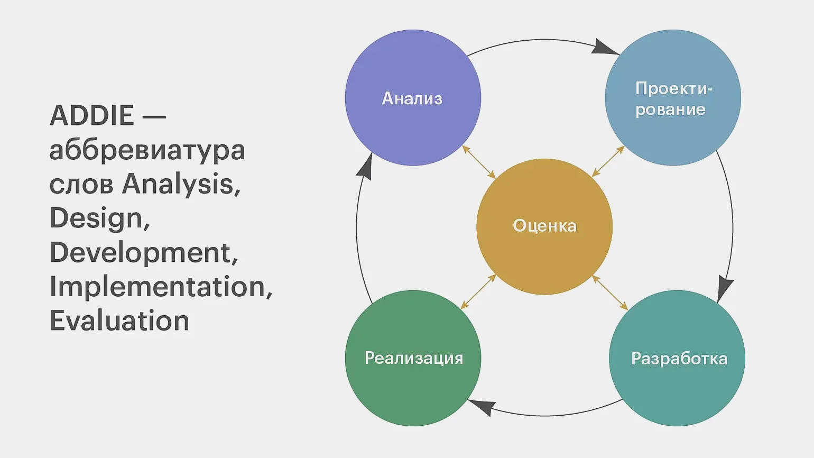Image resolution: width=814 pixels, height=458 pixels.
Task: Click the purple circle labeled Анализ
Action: (x=413, y=98)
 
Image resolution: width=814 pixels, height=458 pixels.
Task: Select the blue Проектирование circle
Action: (x=672, y=98)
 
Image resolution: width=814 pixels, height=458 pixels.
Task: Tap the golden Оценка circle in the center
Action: (x=544, y=226)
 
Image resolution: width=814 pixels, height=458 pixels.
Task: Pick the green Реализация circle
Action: (x=413, y=358)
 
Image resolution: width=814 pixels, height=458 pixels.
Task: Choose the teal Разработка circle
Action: (x=677, y=358)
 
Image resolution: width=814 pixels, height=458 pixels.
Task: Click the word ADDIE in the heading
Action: (x=92, y=116)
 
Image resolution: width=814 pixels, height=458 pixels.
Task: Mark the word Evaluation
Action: (x=119, y=321)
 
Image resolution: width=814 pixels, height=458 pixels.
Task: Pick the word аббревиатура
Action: (x=147, y=150)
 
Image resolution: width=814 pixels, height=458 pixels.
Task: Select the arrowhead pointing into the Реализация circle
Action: (x=482, y=407)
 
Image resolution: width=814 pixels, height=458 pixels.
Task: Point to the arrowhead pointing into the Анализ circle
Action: (x=365, y=166)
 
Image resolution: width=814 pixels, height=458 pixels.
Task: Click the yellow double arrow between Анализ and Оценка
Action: (x=479, y=162)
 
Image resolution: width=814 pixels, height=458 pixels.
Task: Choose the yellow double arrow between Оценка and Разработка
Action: (x=610, y=292)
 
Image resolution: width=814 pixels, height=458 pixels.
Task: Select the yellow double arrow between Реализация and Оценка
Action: (x=478, y=291)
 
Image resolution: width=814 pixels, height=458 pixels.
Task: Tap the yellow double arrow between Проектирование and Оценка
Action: (x=608, y=161)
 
